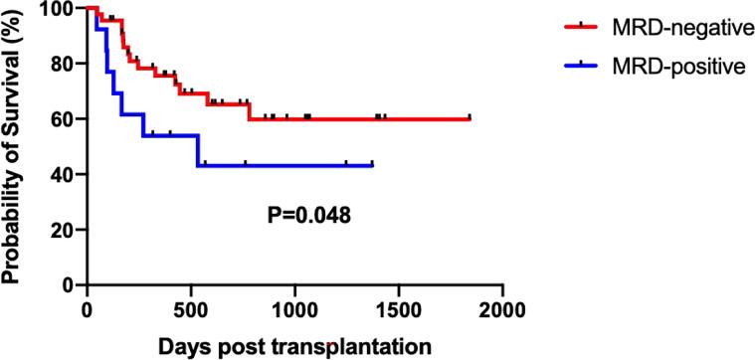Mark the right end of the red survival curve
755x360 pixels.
[x=470, y=119]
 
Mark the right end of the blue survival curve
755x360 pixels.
[x=373, y=165]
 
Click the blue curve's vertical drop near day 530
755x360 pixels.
[x=198, y=150]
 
